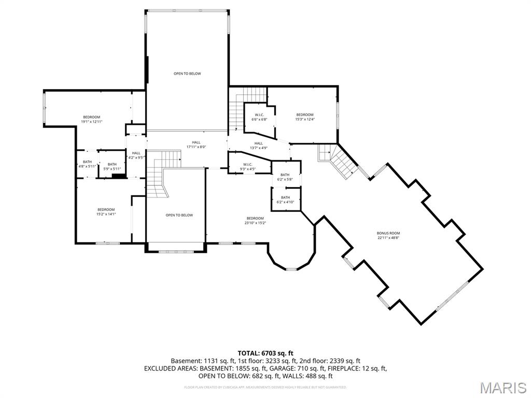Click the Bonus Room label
click(388, 233)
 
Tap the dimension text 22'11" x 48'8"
click(388, 238)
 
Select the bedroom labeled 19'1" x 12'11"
click(91, 119)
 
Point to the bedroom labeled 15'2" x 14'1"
click(105, 211)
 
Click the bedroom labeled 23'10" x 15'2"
click(255, 220)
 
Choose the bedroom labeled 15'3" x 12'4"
click(305, 117)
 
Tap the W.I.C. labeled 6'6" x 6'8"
click(259, 117)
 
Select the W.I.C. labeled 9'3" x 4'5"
click(247, 166)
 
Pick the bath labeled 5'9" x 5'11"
click(112, 166)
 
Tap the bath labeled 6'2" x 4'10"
click(285, 200)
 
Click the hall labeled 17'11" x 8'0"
click(196, 145)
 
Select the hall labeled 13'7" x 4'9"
click(258, 146)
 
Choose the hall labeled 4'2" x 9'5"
click(136, 155)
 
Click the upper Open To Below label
click(187, 74)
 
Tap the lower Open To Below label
click(179, 215)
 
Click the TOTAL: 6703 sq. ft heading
click(265, 353)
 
